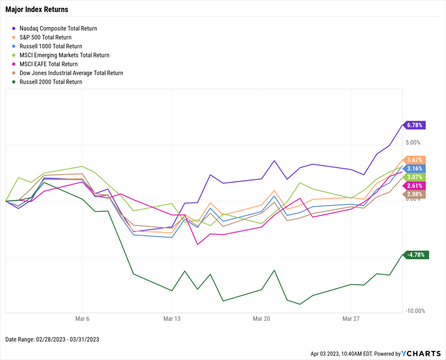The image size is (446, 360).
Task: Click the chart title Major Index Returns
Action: tap(37, 10)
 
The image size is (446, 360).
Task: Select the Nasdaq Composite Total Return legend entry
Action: tap(58, 28)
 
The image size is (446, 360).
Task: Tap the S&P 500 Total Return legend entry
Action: tap(45, 37)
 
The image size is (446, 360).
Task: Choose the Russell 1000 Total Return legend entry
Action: tap(51, 46)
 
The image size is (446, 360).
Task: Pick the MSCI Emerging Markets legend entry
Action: tap(64, 55)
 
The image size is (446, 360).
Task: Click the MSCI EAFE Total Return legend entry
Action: tap(48, 64)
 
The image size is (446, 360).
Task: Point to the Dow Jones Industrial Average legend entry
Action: tap(71, 73)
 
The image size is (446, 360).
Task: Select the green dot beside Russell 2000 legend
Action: tap(14, 82)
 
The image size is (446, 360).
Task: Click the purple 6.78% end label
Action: tap(414, 125)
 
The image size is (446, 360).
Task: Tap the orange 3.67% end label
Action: tap(414, 160)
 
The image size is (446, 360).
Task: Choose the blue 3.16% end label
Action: tap(414, 169)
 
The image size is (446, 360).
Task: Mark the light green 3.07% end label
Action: tap(414, 177)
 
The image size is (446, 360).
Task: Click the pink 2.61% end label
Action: tap(414, 186)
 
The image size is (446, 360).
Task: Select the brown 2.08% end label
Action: tap(414, 194)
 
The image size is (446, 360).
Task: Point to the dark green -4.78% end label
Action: tap(416, 255)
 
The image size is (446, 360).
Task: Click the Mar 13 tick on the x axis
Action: tap(172, 319)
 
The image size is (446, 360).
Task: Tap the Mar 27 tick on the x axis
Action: tap(351, 319)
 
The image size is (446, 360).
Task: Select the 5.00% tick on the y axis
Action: tap(413, 142)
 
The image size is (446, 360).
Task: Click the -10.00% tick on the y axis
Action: tap(415, 311)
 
